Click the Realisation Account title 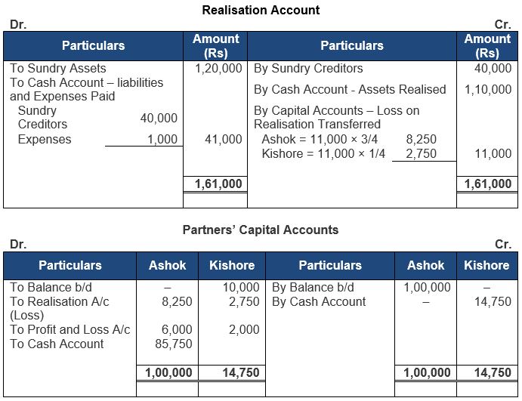(261, 10)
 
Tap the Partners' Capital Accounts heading (261, 230)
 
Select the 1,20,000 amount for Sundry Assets (218, 69)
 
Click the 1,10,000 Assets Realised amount (487, 89)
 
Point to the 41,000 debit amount (224, 140)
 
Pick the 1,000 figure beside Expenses (163, 140)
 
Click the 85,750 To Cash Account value (177, 344)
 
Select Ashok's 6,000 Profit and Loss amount (177, 330)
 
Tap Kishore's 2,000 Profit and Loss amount (244, 330)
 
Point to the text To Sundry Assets (58, 69)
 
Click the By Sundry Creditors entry (308, 69)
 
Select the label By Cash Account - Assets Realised (350, 89)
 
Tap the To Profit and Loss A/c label (69, 330)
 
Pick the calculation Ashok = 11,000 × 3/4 (320, 140)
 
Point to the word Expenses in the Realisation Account (45, 140)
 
